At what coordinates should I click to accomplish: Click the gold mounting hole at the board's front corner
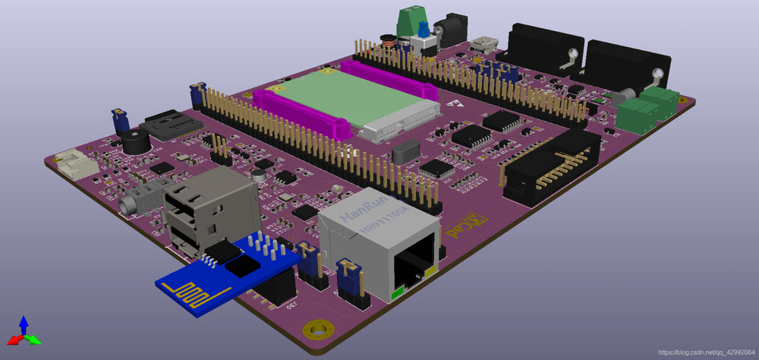coord(318,330)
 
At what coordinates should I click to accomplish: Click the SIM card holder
coord(168,125)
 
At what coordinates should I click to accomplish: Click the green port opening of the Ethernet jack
coord(414,271)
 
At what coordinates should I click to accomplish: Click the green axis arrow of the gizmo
coord(34,340)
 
